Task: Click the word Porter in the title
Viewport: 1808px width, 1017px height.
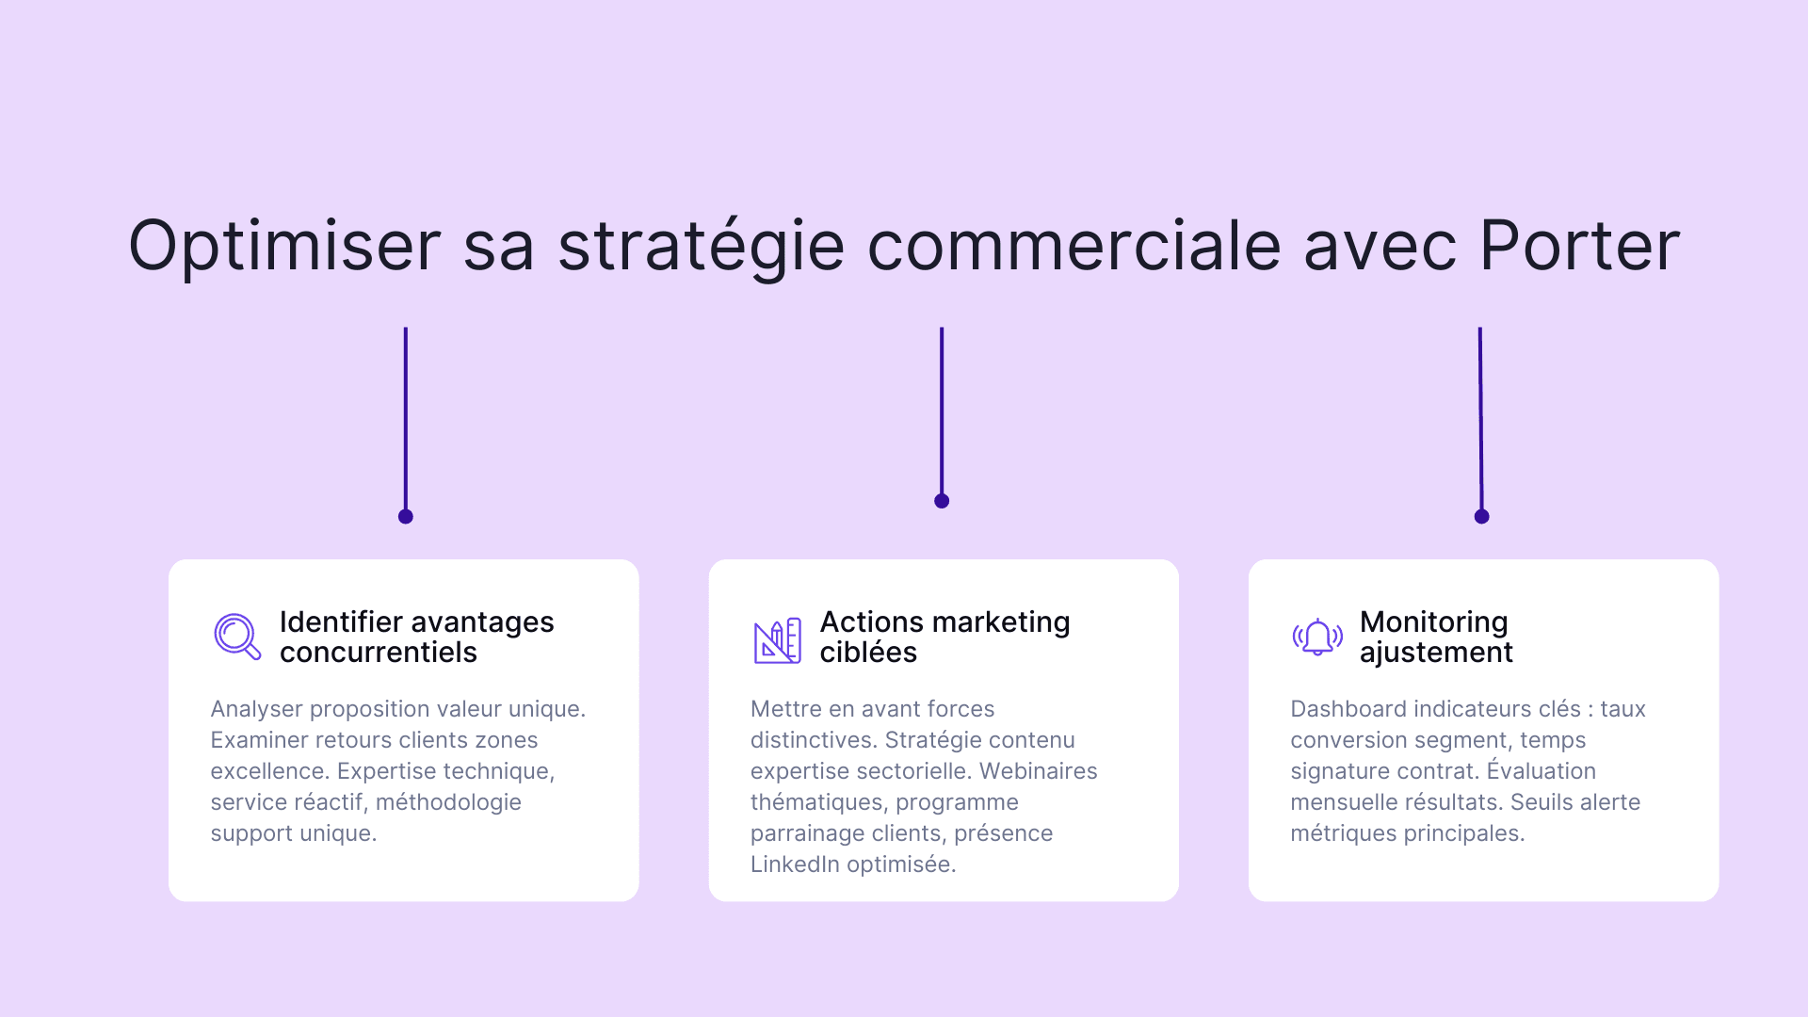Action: pyautogui.click(x=1579, y=246)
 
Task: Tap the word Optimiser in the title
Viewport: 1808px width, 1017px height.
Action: pyautogui.click(x=284, y=246)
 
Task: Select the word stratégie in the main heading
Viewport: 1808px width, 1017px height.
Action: pyautogui.click(x=701, y=246)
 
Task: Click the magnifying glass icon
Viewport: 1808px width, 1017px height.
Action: pyautogui.click(x=236, y=637)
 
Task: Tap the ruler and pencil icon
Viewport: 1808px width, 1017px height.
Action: pyautogui.click(x=777, y=640)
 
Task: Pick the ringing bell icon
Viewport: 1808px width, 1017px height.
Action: pyautogui.click(x=1316, y=638)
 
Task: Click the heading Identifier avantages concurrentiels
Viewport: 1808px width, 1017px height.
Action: pyautogui.click(x=416, y=637)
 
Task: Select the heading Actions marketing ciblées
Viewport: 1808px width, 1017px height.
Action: pyautogui.click(x=944, y=637)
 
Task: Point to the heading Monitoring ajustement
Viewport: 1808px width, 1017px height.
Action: pyautogui.click(x=1436, y=637)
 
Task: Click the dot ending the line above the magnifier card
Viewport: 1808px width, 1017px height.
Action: pyautogui.click(x=406, y=516)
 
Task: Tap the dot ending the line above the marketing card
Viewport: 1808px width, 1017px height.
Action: pyautogui.click(x=942, y=501)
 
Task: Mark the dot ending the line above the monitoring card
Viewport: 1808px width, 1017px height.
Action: pyautogui.click(x=1481, y=516)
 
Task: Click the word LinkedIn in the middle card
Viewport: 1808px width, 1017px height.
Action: pyautogui.click(x=794, y=864)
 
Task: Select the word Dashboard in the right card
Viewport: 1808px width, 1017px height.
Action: pyautogui.click(x=1341, y=709)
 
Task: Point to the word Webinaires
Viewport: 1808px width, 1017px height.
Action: pyautogui.click(x=1038, y=771)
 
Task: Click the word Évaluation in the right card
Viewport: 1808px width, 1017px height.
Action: pyautogui.click(x=1541, y=771)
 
